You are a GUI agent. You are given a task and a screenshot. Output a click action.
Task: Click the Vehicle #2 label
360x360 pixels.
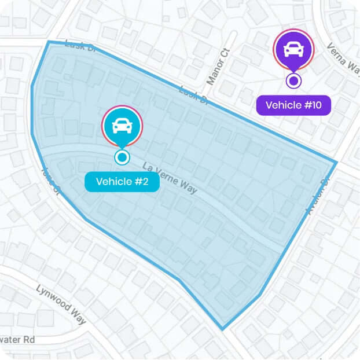122,182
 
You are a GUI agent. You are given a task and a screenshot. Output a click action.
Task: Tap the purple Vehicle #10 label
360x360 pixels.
293,105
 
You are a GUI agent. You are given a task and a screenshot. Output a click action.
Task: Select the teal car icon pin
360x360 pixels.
122,126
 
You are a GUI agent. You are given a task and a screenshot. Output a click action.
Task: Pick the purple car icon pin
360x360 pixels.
293,49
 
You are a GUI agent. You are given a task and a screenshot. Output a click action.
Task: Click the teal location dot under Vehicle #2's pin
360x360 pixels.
122,156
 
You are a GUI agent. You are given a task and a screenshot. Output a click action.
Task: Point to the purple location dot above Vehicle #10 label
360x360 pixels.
293,80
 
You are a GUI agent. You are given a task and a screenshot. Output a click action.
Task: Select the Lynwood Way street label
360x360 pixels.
61,303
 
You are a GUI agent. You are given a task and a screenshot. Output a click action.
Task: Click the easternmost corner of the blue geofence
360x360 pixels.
336,161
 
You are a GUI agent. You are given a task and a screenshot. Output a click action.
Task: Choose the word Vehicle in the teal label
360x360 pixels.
114,182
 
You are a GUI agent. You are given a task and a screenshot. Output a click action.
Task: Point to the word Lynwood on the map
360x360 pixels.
52,297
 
